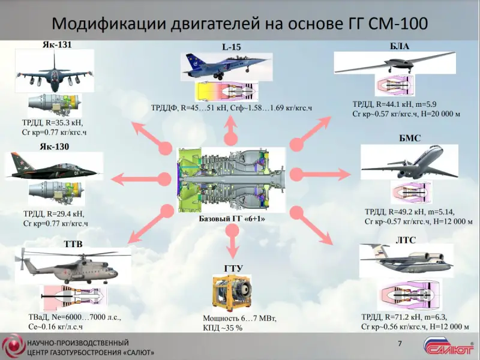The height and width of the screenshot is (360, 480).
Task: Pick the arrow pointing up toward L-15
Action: point(229,127)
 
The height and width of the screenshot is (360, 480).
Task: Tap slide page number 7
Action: point(400,343)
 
